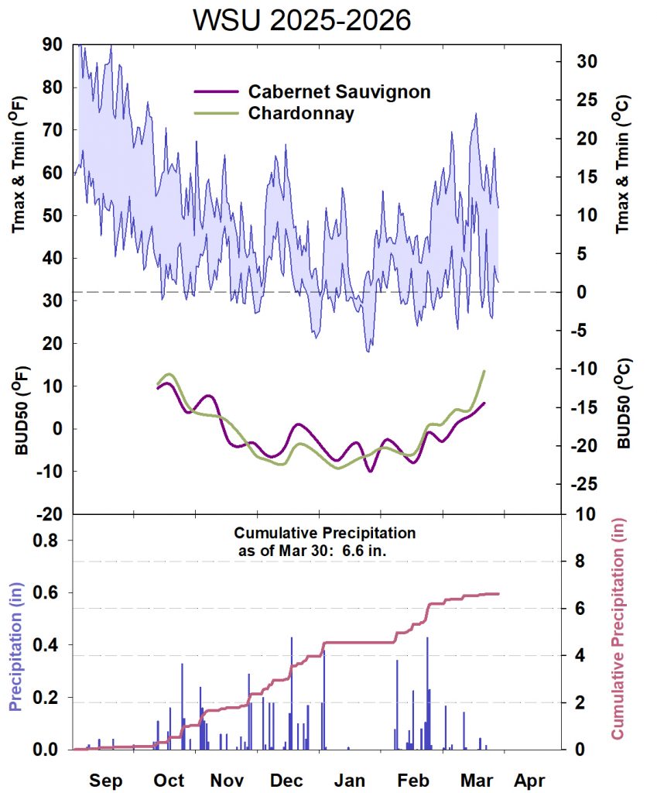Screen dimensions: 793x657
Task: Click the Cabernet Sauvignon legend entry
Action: [x=339, y=91]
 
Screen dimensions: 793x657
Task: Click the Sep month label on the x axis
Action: [x=105, y=780]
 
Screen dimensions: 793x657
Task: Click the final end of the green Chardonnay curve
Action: [x=484, y=371]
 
